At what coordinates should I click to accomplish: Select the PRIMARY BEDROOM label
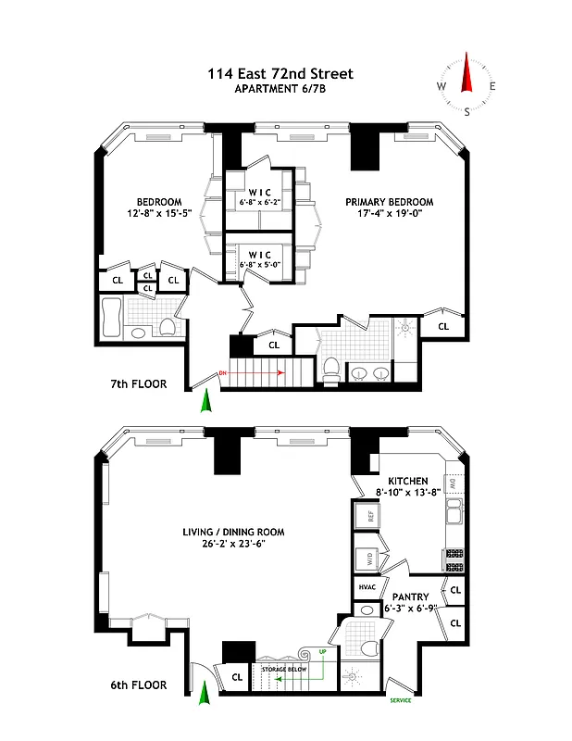(389, 202)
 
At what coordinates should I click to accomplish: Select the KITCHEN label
(407, 482)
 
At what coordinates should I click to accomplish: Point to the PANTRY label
(410, 597)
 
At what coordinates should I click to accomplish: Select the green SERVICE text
(401, 700)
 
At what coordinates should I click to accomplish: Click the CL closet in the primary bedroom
(442, 326)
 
